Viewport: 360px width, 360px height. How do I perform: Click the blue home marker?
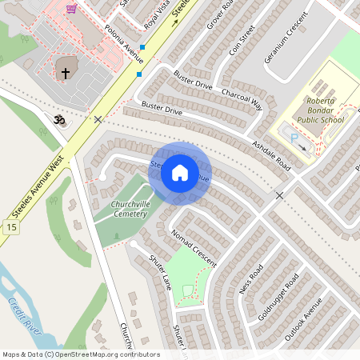pos(180,173)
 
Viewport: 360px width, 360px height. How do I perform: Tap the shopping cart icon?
pos(72,10)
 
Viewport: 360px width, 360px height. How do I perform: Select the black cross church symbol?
pos(66,73)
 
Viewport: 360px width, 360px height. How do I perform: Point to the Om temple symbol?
pos(58,120)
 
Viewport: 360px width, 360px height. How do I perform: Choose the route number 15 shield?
pos(10,228)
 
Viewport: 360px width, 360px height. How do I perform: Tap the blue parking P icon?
pos(294,138)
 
